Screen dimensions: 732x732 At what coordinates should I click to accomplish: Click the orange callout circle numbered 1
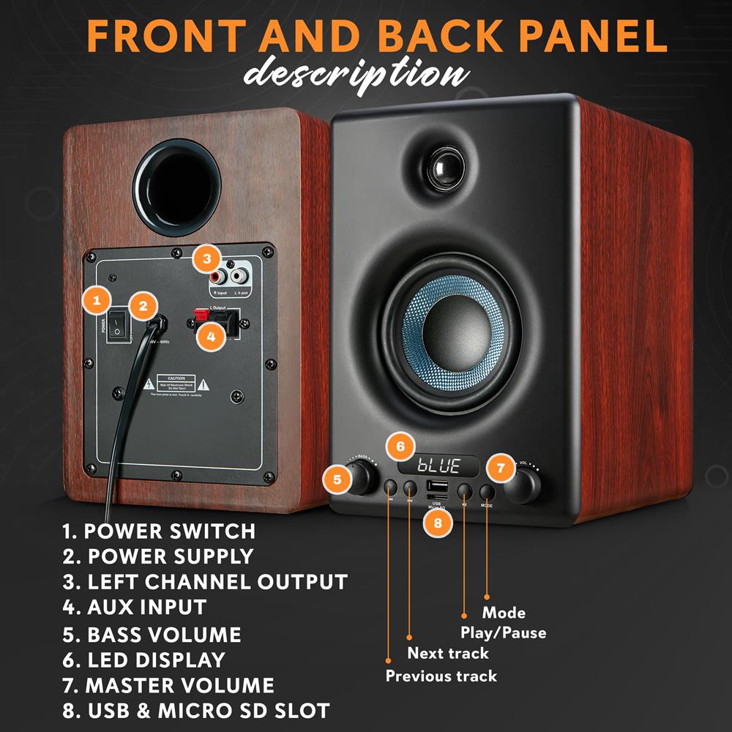coord(97,299)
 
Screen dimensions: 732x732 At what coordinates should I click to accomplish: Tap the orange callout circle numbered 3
coord(208,258)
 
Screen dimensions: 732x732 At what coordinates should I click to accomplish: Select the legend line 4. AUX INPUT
coord(135,607)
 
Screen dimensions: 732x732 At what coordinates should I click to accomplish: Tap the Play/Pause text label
coord(503,632)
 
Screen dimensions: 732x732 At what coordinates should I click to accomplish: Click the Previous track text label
coord(441,676)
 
